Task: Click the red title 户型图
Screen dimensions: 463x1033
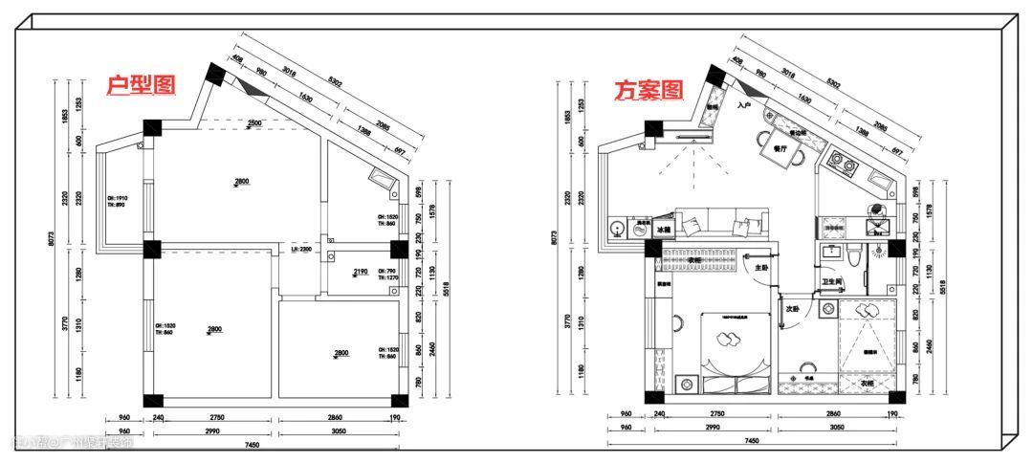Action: (x=142, y=85)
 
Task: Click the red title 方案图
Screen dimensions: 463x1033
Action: (x=649, y=91)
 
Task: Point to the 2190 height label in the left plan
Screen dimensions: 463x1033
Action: (x=361, y=273)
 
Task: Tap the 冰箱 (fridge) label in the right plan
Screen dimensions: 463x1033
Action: (x=664, y=230)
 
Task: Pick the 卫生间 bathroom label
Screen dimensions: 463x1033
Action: (x=830, y=282)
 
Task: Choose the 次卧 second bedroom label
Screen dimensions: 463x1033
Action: (x=792, y=309)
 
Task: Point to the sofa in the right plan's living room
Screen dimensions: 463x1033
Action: (x=722, y=223)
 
